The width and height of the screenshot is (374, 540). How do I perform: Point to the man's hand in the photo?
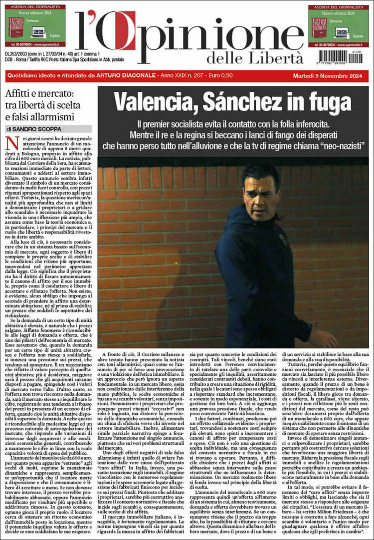click(326, 339)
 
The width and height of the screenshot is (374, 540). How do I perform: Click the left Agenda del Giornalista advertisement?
click(35, 26)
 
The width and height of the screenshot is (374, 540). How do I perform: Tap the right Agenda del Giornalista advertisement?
click(338, 26)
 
